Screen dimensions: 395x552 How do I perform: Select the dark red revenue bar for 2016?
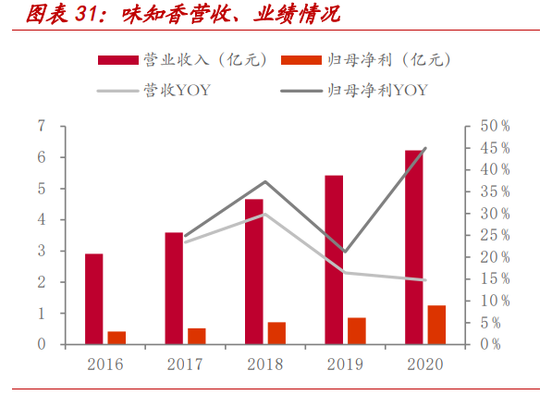93,299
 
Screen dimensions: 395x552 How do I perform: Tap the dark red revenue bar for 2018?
253,271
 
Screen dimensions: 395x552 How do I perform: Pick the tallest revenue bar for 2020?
412,247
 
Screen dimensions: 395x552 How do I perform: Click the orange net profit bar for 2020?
436,325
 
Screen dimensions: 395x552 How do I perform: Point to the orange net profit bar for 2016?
117,338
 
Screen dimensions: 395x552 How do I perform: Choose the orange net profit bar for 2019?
357,331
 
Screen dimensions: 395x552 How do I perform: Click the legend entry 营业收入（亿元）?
185,60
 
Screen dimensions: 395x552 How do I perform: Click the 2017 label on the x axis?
185,364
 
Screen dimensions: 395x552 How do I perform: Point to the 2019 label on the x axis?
345,364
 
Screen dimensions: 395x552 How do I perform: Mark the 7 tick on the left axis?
42,126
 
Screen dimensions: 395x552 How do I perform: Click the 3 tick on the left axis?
42,251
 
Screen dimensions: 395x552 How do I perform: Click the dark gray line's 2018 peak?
265,181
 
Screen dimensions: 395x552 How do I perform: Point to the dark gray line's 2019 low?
345,252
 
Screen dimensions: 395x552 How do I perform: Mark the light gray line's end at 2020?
424,280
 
